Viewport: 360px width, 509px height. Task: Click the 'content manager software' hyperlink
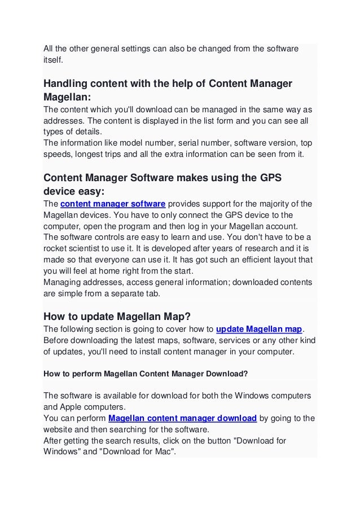112,204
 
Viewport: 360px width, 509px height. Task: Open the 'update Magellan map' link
260,329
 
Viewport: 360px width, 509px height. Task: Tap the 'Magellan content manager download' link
182,418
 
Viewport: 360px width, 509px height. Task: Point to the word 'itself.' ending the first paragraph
55,59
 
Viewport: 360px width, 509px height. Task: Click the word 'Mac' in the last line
163,452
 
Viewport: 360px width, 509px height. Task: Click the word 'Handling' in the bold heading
67,84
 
